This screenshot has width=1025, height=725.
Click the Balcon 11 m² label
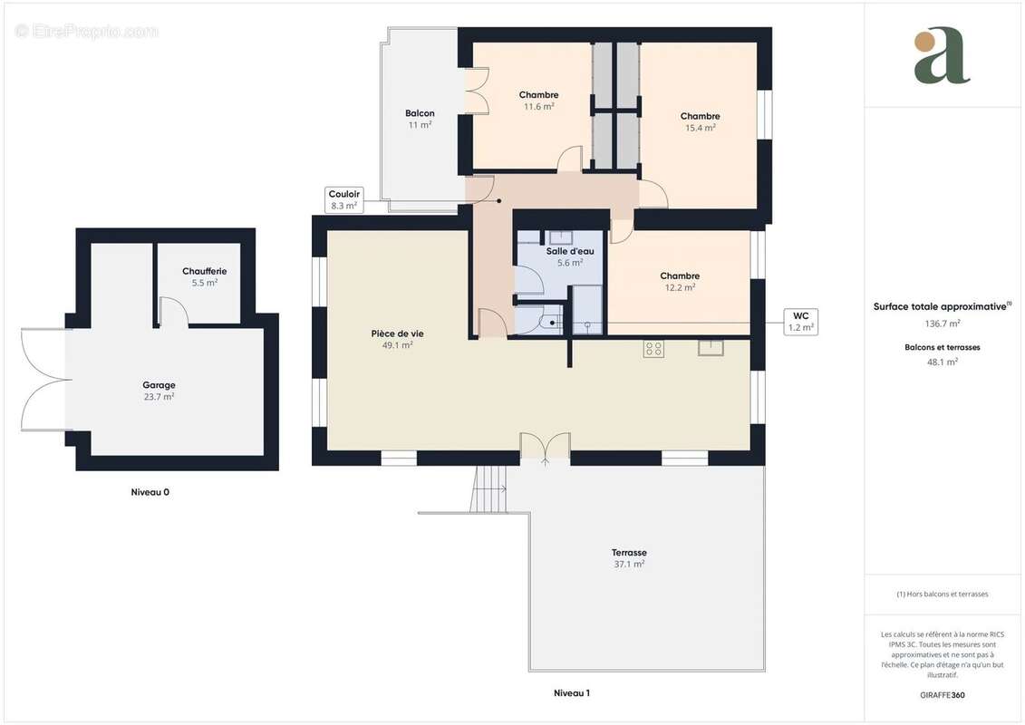(420, 119)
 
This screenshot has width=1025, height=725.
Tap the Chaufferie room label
(204, 276)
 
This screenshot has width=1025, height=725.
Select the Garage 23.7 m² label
(159, 391)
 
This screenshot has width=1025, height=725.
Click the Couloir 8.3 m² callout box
(344, 199)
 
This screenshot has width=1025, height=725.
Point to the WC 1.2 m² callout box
(800, 322)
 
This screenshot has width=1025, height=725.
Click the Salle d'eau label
(570, 256)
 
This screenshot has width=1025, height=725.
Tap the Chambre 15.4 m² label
(700, 121)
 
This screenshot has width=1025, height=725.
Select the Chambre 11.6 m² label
(538, 100)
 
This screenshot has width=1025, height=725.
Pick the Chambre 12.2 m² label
(679, 281)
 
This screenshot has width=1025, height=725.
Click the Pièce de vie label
(397, 339)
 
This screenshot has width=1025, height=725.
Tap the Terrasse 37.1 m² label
(629, 557)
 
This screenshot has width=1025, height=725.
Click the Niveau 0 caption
(150, 492)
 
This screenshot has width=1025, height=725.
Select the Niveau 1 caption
(572, 693)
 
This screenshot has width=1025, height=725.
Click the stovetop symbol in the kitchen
(653, 349)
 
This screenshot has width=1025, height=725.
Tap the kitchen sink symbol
(711, 347)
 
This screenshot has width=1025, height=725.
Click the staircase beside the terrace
(490, 488)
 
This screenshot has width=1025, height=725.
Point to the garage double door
(43, 380)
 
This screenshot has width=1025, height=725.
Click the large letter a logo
(942, 55)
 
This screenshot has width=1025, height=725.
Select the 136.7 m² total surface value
(943, 323)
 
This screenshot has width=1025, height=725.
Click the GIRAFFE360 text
(943, 695)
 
